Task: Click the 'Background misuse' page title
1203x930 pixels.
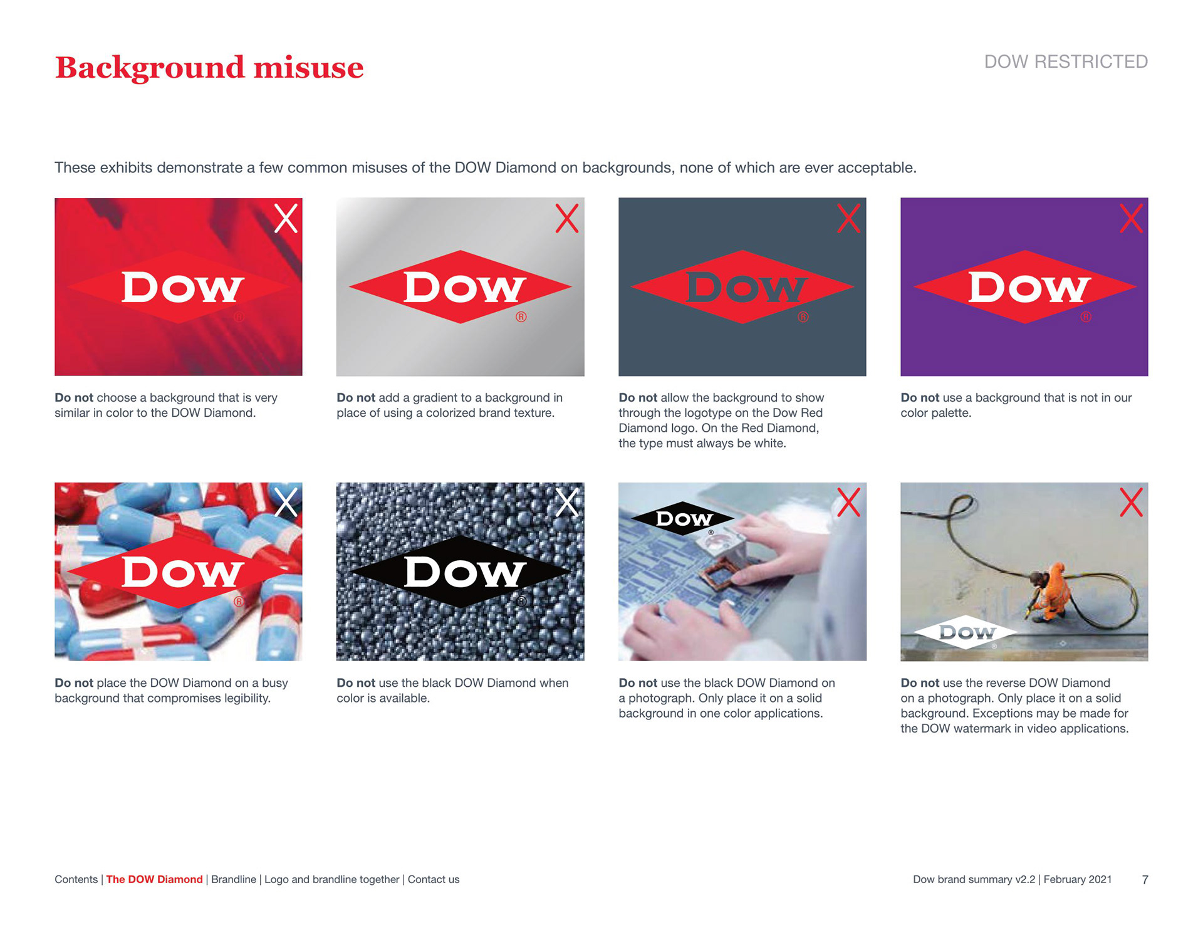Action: (x=209, y=68)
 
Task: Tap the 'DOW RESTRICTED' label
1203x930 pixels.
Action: (x=1066, y=61)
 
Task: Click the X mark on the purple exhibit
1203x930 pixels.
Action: (x=1131, y=218)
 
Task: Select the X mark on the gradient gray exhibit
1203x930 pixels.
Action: (x=567, y=218)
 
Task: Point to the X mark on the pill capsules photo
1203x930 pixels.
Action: (x=286, y=502)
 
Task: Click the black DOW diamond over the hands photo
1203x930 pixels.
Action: (x=683, y=518)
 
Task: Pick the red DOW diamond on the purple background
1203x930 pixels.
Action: (x=1025, y=287)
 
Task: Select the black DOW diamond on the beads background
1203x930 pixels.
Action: (x=461, y=572)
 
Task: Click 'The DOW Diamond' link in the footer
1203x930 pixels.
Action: (x=154, y=879)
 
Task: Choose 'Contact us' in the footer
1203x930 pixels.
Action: (x=434, y=879)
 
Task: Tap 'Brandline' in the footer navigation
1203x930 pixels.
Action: (x=234, y=879)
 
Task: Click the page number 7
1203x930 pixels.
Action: (x=1145, y=880)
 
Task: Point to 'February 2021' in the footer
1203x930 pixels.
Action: (x=1078, y=879)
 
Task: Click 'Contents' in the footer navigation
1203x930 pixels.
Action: (x=76, y=879)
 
